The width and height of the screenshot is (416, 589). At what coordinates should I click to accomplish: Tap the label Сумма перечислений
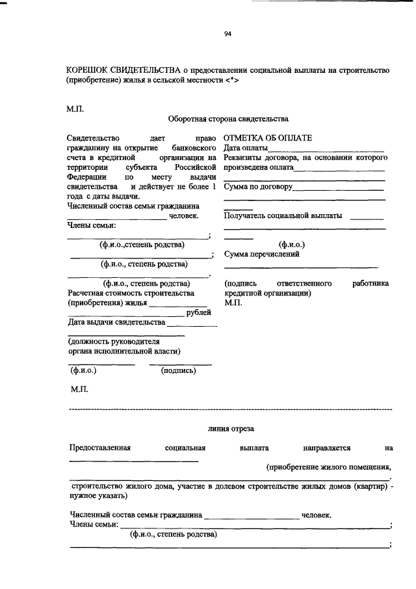point(261,254)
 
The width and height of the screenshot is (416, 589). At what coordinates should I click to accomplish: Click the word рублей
point(198,312)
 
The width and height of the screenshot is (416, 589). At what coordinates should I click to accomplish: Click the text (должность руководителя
point(114,341)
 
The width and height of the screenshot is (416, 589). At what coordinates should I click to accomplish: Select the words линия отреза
point(231,428)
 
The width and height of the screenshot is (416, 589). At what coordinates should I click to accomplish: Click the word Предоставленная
point(101,448)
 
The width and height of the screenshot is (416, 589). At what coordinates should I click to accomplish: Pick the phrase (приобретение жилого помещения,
point(330,466)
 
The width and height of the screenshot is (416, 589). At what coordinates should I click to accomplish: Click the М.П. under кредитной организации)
point(233,303)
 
